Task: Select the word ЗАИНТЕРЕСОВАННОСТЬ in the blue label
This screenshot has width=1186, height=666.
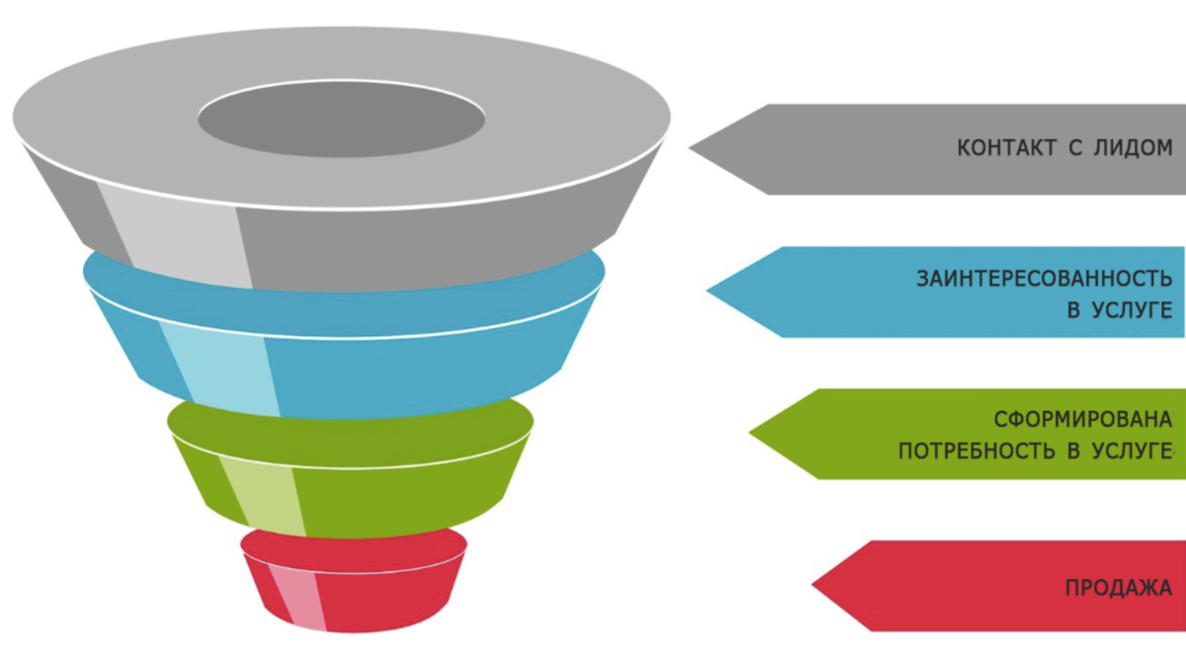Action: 1045,279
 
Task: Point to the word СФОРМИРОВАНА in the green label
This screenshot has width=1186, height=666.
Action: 1083,420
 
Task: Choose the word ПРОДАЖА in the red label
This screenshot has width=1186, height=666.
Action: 1119,588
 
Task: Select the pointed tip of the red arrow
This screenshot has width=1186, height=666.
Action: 814,586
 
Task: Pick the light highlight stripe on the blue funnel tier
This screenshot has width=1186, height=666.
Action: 222,366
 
